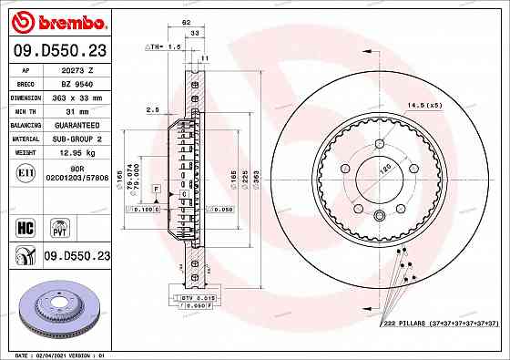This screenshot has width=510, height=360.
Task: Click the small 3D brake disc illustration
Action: (57, 310)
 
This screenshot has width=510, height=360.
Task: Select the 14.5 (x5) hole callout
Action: (424, 106)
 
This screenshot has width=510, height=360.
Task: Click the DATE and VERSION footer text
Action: (56, 354)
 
